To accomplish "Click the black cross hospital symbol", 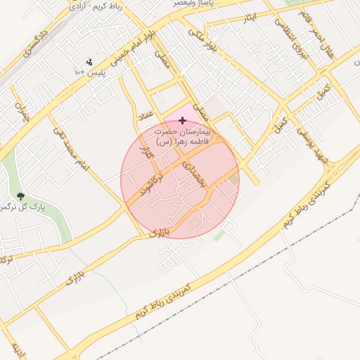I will (183, 121).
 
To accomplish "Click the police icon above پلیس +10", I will (89, 62).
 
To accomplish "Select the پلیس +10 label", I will (89, 72).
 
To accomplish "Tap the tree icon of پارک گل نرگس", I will (19, 196).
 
